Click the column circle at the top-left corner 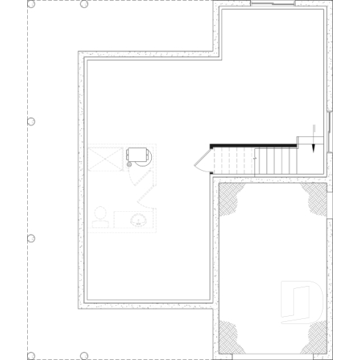[31, 4]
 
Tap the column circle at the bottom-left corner [31, 356]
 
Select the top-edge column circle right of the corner [84, 4]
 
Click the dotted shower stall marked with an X [103, 158]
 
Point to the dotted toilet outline [100, 218]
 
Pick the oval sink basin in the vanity [137, 218]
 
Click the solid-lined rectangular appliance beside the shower [138, 155]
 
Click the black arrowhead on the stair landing [313, 146]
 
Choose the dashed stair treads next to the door [232, 161]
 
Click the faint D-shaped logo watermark [301, 301]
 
